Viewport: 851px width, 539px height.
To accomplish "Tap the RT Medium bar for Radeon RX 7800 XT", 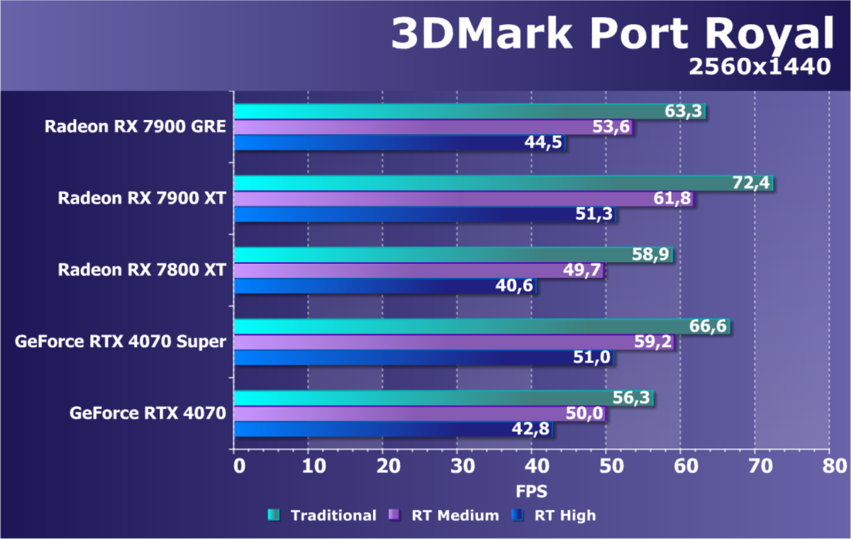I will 418,270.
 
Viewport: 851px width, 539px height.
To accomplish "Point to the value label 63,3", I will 684,111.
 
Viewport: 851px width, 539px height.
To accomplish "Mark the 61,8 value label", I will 673,199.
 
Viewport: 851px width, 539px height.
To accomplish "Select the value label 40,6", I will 516,286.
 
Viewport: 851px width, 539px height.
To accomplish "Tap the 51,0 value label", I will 592,357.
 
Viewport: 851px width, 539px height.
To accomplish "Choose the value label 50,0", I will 584,413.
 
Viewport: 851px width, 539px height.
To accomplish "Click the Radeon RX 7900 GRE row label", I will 135,127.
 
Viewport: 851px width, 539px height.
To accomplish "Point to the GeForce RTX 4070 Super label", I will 120,342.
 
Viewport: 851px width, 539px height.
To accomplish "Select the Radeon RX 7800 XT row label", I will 142,270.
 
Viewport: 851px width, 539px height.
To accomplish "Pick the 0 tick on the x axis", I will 238,466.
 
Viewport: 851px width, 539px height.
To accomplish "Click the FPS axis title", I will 531,491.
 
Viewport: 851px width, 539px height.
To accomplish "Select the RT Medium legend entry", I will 455,516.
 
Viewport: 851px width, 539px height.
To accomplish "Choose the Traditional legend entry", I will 333,516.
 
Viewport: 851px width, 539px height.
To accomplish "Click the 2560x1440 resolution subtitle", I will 758,66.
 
